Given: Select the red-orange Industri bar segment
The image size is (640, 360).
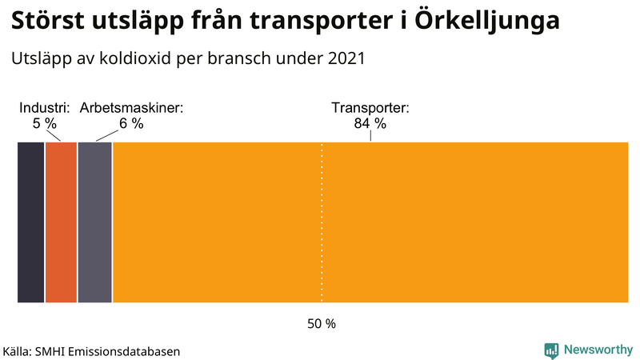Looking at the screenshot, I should (x=61, y=222).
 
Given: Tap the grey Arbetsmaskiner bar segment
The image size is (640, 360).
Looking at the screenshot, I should (x=95, y=222).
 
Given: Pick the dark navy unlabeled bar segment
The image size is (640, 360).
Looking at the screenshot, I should (x=30, y=222).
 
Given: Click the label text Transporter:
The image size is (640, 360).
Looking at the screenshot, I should (x=370, y=108).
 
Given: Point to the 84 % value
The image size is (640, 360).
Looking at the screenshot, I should (x=370, y=123).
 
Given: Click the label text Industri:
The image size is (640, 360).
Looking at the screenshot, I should (x=45, y=108).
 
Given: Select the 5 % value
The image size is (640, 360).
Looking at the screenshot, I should (x=45, y=123).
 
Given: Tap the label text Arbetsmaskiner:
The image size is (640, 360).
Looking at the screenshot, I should (x=131, y=108).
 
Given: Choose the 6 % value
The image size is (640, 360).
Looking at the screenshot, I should (x=131, y=123).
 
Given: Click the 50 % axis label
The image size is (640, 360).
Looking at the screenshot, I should (x=322, y=324).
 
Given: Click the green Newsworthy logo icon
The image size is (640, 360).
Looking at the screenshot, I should (x=551, y=350).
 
